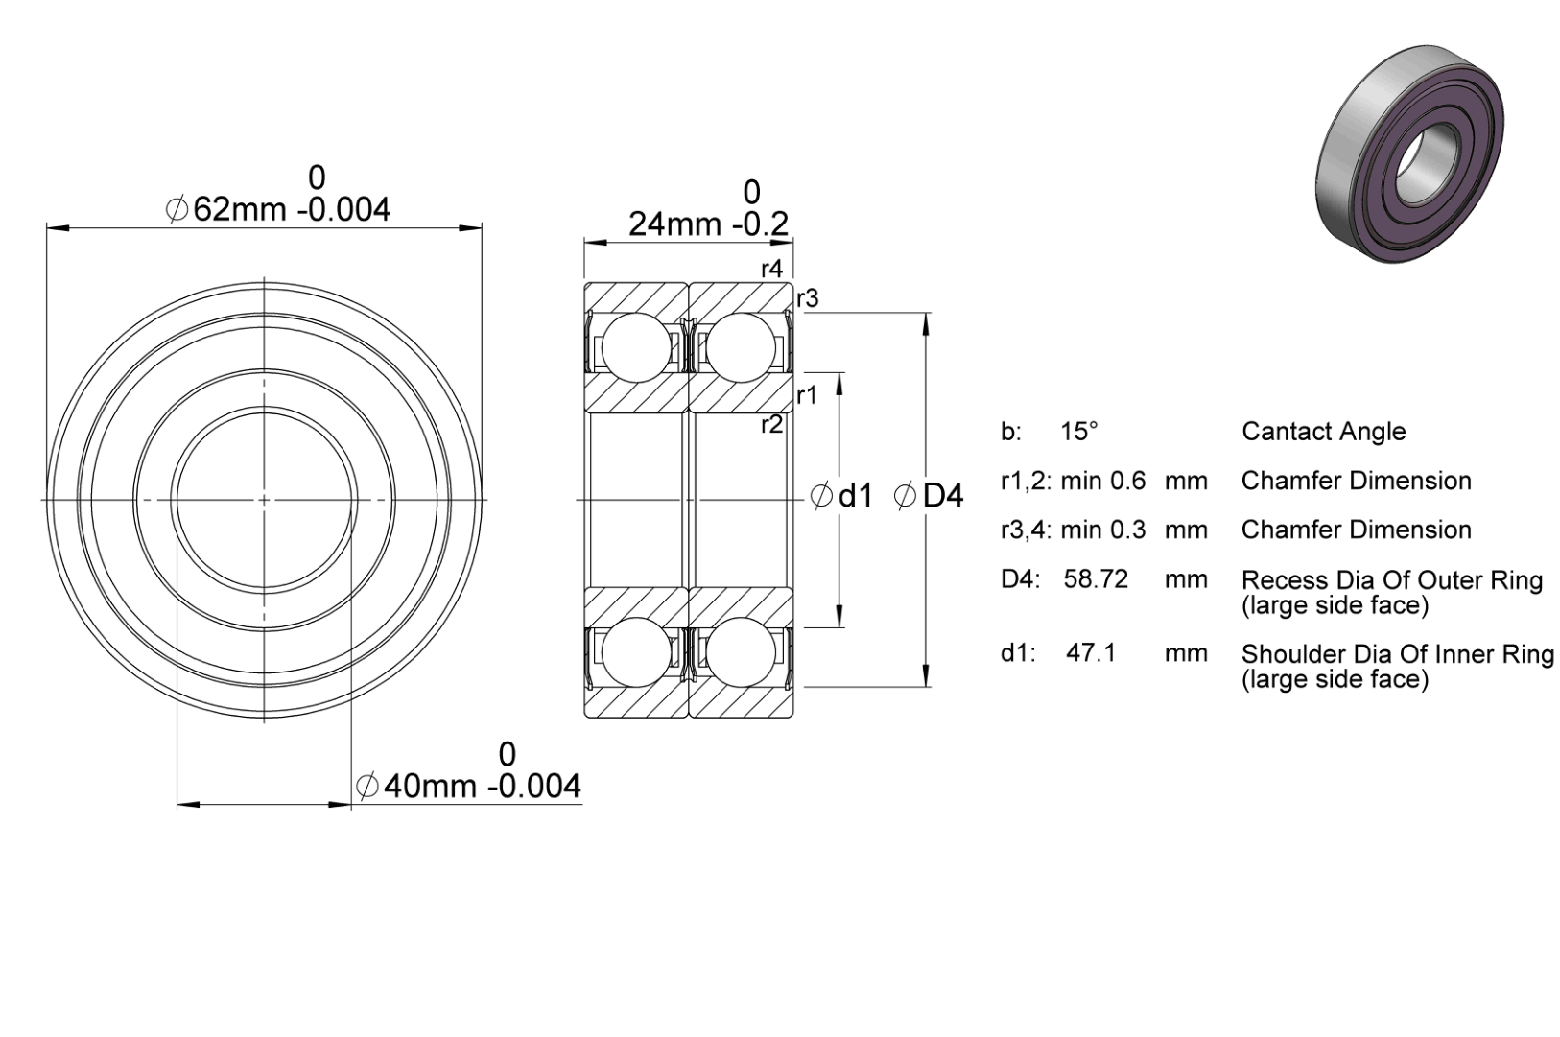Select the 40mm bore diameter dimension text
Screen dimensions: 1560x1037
pyautogui.click(x=468, y=772)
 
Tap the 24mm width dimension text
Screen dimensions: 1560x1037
pyautogui.click(x=709, y=209)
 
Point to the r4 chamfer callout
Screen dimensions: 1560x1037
pyautogui.click(x=771, y=269)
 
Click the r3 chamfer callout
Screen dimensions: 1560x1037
pyautogui.click(x=807, y=298)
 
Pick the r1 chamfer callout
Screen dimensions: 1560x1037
pyautogui.click(x=807, y=395)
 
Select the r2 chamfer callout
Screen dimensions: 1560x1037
pyautogui.click(x=771, y=424)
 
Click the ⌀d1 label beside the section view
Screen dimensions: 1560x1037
pyautogui.click(x=841, y=496)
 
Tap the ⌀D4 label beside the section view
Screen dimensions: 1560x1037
pyautogui.click(x=929, y=496)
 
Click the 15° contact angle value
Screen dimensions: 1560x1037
pyautogui.click(x=1078, y=432)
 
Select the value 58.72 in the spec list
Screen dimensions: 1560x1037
pyautogui.click(x=1096, y=579)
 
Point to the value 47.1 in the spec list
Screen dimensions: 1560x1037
pyautogui.click(x=1091, y=653)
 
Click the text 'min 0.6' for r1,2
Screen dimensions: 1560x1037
pyautogui.click(x=1102, y=482)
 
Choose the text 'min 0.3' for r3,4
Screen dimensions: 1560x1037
pyautogui.click(x=1102, y=530)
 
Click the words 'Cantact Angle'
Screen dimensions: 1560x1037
pyautogui.click(x=1323, y=432)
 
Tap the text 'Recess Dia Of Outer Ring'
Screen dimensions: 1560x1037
pyautogui.click(x=1392, y=580)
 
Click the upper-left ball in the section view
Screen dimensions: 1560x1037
pyautogui.click(x=636, y=347)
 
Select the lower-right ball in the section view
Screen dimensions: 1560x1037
pyautogui.click(x=741, y=652)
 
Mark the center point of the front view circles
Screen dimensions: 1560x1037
pyautogui.click(x=264, y=500)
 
